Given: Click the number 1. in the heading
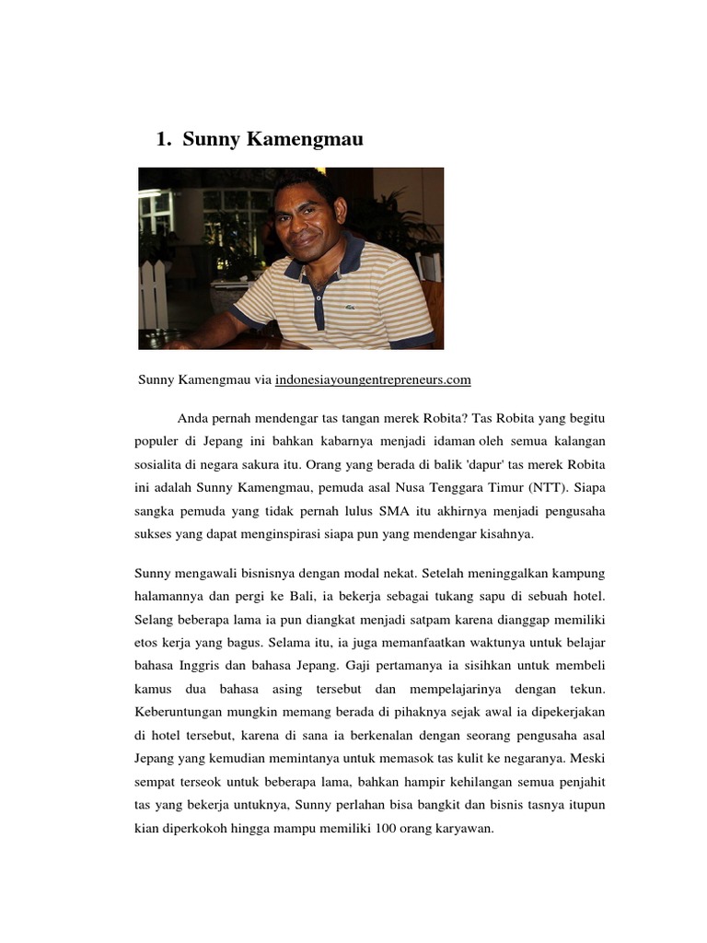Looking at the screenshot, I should click(x=165, y=140).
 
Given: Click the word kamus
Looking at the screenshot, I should click(x=153, y=689).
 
